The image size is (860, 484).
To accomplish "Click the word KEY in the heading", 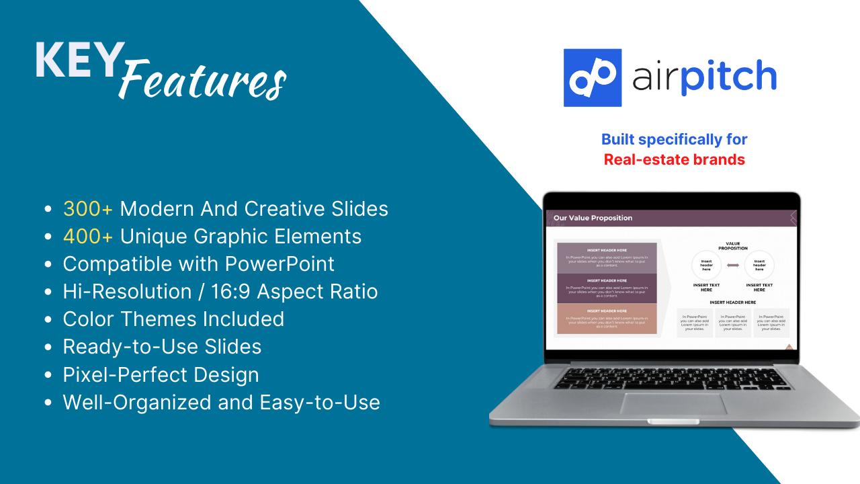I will [79, 61].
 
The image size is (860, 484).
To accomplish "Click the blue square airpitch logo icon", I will [592, 77].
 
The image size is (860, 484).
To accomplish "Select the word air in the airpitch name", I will [654, 77].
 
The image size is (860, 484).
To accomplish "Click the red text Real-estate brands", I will [674, 160].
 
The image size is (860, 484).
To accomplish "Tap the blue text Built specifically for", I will [674, 139].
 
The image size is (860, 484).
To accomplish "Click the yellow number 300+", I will [88, 209].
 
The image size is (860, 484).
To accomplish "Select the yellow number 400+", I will [88, 237].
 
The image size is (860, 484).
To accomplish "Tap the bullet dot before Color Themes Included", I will [48, 320].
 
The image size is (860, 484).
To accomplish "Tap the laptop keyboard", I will [673, 378].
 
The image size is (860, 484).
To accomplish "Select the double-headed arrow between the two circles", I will [733, 266].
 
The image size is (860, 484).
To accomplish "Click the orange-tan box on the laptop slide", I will [607, 319].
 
